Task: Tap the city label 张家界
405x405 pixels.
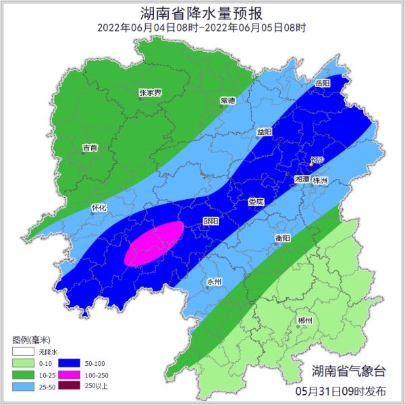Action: click(x=150, y=92)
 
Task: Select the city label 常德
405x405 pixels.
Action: click(x=228, y=100)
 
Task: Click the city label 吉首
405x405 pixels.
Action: click(x=90, y=146)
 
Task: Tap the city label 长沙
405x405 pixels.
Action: click(x=316, y=161)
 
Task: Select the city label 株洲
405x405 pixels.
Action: click(x=320, y=181)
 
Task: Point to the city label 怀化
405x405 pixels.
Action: click(x=99, y=208)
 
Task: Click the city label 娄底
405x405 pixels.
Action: click(x=256, y=201)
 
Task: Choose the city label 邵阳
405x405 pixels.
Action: click(x=211, y=221)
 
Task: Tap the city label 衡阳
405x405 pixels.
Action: click(x=283, y=238)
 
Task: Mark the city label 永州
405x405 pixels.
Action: click(x=214, y=281)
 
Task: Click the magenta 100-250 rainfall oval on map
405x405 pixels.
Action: click(x=155, y=243)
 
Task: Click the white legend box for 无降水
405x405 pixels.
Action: click(x=22, y=352)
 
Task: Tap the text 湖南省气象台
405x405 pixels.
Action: click(x=350, y=370)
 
